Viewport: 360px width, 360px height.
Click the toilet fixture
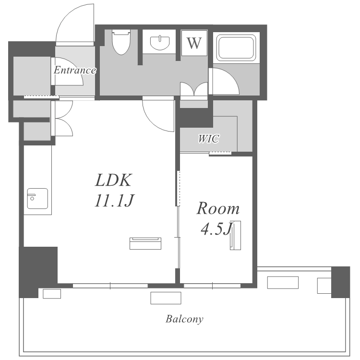[x=121, y=42]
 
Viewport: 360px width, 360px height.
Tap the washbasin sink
[x=160, y=43]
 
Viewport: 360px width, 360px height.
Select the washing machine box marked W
[x=194, y=43]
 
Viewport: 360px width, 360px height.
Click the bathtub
[x=237, y=48]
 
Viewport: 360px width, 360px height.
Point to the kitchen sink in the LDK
[x=37, y=199]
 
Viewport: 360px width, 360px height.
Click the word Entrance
[x=75, y=70]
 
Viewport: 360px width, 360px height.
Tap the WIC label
[x=209, y=139]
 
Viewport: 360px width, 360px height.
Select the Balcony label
[x=185, y=319]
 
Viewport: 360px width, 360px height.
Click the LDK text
[x=113, y=180]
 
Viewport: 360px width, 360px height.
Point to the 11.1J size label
[x=114, y=201]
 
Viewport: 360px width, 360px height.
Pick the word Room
[x=218, y=208]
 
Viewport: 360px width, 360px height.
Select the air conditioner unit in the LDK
[x=145, y=243]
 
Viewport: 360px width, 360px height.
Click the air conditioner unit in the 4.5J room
[x=235, y=235]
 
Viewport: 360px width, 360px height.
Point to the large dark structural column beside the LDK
[x=38, y=272]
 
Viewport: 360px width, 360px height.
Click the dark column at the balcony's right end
[x=340, y=282]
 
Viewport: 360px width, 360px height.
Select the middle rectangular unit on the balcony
[x=166, y=298]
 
